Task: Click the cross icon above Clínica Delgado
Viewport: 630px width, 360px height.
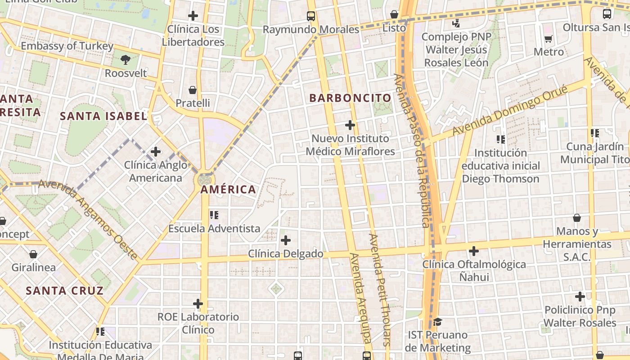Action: coord(285,240)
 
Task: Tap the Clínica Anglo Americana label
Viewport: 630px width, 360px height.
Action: coord(156,171)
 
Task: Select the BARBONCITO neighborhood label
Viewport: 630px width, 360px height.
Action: coord(350,98)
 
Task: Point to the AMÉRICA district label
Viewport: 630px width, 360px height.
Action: coord(228,189)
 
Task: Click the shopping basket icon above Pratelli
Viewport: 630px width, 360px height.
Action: coord(193,90)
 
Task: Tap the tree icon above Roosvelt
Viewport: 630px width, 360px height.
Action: coord(126,59)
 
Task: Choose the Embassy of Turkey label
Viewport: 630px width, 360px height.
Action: coord(67,46)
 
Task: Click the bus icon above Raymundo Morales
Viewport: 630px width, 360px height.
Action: coord(311,16)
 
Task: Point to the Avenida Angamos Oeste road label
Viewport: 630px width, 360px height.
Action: coord(88,220)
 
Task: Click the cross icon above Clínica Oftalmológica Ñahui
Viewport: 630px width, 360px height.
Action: coord(473,251)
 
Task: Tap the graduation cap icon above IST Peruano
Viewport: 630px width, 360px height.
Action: coord(437,322)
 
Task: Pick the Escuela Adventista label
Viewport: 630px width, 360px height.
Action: coord(214,229)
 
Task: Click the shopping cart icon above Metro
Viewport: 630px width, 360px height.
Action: coord(548,39)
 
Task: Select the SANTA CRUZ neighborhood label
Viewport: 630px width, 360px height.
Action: coord(64,291)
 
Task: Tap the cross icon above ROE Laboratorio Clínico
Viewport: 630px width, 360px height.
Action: coord(198,304)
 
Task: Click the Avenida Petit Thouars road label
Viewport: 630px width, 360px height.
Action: coord(380,289)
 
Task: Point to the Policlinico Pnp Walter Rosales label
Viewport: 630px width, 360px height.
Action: coord(580,316)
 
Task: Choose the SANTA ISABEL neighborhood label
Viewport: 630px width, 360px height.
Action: coord(103,116)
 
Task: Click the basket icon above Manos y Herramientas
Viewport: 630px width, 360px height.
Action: coord(576,218)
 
